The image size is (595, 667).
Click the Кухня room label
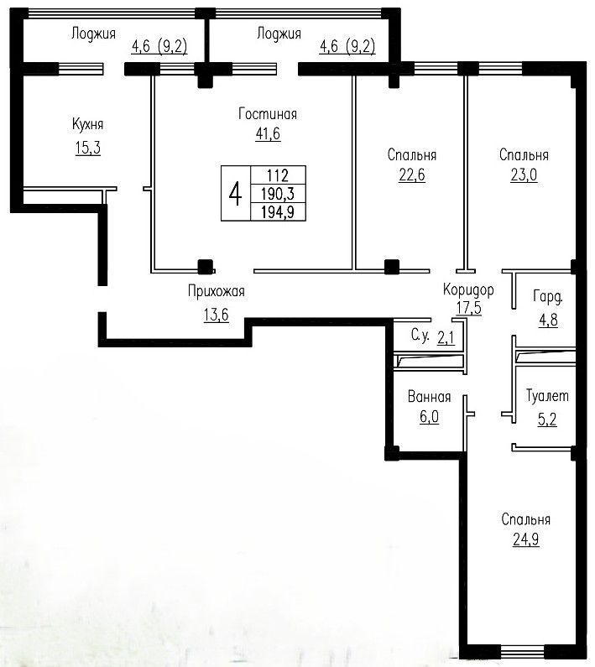(x=87, y=124)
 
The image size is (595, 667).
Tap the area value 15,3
(x=88, y=148)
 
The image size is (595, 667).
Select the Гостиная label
(x=268, y=114)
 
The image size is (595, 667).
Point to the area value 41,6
(x=268, y=134)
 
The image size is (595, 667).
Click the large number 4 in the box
(x=235, y=194)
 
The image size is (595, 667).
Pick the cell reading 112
(x=278, y=175)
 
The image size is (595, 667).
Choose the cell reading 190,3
(x=278, y=194)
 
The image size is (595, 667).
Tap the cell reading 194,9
(x=278, y=211)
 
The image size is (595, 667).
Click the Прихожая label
(x=217, y=292)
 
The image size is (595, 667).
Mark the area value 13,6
(x=217, y=315)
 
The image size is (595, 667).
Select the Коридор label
(x=468, y=289)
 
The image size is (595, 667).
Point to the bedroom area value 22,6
(x=412, y=175)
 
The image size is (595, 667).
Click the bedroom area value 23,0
(x=524, y=175)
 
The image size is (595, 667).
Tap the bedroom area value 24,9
(x=526, y=539)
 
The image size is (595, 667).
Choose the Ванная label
(x=429, y=397)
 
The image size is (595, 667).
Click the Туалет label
(x=547, y=396)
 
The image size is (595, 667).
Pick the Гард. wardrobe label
(x=548, y=297)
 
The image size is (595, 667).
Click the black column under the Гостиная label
(x=206, y=267)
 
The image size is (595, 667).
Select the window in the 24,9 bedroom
(x=522, y=651)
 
